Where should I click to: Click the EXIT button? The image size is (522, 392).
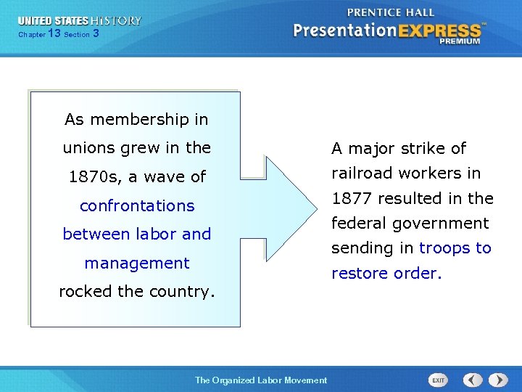(x=438, y=380)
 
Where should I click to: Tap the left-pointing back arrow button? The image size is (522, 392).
(x=473, y=380)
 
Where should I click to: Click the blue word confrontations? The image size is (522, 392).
(x=137, y=205)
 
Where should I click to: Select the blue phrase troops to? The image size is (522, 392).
(x=455, y=248)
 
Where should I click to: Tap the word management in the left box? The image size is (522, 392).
(x=136, y=263)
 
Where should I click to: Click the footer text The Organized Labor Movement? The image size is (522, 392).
(x=261, y=380)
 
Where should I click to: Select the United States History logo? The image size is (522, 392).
(x=80, y=21)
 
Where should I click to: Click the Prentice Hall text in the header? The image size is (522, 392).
(x=391, y=12)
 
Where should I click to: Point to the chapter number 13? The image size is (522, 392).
(x=54, y=34)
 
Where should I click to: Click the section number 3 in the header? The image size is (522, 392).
(x=96, y=34)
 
